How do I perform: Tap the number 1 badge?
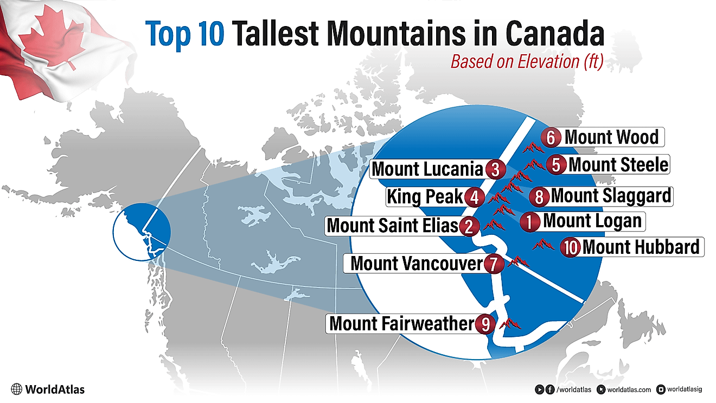530,221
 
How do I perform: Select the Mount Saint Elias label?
393,225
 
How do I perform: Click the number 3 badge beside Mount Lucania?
494,169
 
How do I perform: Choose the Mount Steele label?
618,164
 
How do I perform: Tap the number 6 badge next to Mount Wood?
551,138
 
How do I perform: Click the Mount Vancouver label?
416,264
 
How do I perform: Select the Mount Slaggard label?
611,195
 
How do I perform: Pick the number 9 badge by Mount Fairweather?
485,324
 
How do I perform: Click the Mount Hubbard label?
641,247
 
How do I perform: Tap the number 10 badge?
570,247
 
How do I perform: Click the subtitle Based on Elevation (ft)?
527,62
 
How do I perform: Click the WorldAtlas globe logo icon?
17,389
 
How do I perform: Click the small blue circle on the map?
142,232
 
